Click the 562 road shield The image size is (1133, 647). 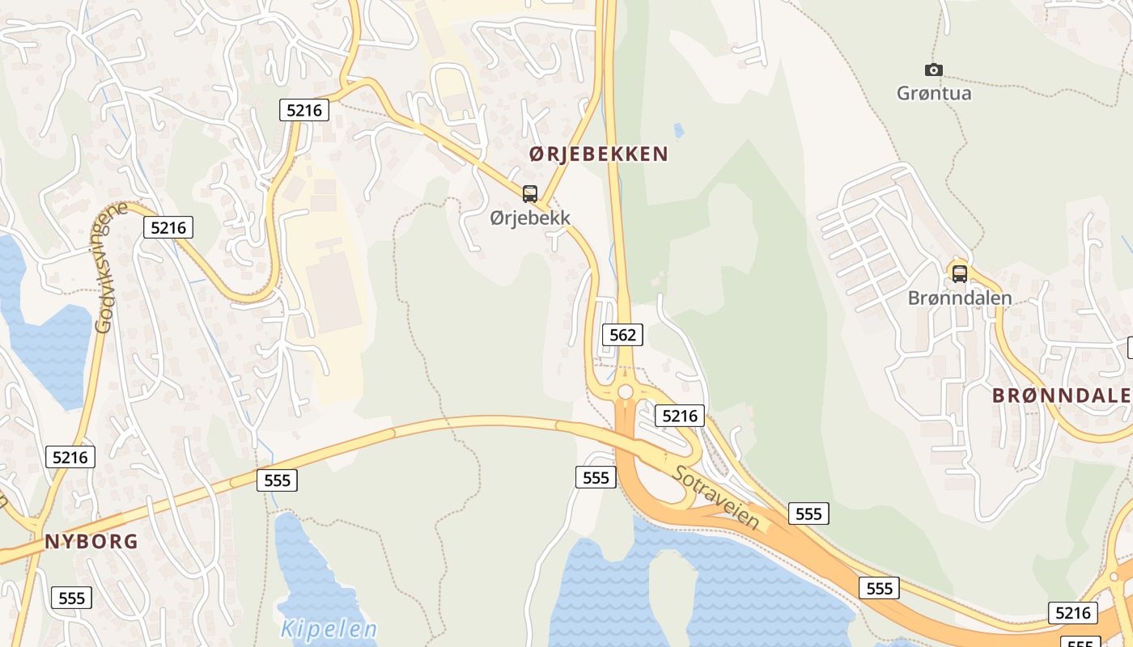point(622,335)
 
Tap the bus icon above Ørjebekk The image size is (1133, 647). point(530,194)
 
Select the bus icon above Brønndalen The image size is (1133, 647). point(959,273)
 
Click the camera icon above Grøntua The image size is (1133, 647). point(934,70)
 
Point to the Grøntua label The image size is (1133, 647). point(934,93)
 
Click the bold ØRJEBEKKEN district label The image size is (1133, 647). point(599,154)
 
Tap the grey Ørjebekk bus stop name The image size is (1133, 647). point(530,218)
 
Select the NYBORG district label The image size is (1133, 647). point(91,542)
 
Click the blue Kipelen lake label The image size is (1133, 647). point(329,629)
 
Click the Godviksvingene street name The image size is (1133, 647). point(111,267)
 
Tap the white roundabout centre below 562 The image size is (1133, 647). point(626,392)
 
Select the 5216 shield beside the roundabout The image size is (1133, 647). point(680,416)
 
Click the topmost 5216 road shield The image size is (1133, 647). point(304,110)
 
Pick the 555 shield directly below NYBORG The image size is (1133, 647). point(72,598)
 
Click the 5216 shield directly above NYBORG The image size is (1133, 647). point(70,457)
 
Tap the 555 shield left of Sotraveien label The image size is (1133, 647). point(596,477)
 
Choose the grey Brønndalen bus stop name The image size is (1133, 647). point(960,298)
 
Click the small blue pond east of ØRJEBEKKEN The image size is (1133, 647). point(678,129)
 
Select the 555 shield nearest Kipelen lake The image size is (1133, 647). point(277,480)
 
